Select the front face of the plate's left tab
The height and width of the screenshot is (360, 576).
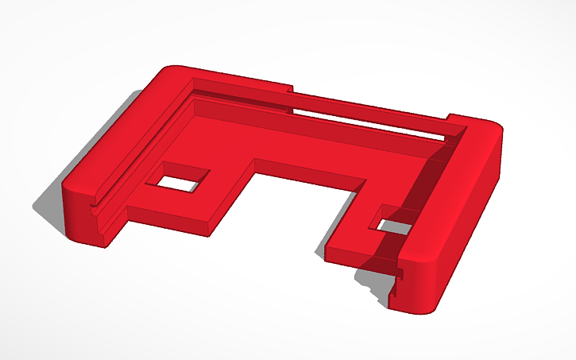167,220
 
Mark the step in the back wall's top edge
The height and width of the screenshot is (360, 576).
292,90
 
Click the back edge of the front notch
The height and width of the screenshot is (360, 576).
310,167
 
